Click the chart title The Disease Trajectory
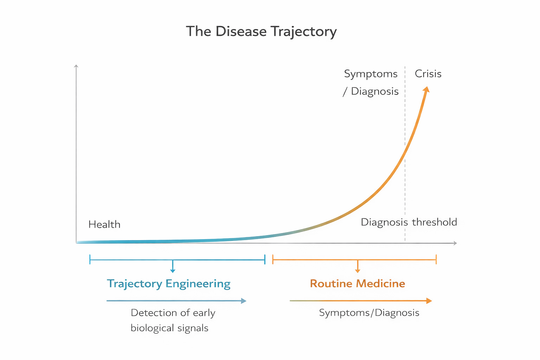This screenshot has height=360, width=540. (261, 32)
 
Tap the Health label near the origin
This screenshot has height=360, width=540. (104, 225)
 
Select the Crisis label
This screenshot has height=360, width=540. (428, 74)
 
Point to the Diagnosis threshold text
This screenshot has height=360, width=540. (409, 222)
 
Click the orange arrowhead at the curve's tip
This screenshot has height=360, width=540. (426, 89)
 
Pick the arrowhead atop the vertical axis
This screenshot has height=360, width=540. (76, 66)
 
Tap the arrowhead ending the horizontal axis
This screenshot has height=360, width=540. (455, 243)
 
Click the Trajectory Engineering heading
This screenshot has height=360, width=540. (169, 284)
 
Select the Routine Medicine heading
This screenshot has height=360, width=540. (358, 284)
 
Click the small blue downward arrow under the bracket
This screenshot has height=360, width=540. (173, 270)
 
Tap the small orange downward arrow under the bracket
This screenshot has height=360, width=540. (358, 270)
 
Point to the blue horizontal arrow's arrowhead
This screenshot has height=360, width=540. (243, 301)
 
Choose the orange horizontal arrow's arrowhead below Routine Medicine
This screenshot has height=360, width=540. (429, 301)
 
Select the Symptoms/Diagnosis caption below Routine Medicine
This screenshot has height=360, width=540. (369, 313)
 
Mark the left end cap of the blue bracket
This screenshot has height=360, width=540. (90, 259)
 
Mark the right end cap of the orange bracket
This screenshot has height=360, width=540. (436, 259)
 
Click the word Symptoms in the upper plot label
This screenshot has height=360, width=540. (371, 74)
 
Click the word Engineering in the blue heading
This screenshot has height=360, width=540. (198, 284)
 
